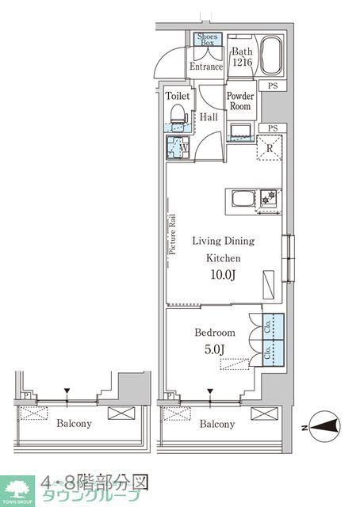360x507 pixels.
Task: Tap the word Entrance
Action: (x=206, y=67)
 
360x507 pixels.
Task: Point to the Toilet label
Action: (x=178, y=95)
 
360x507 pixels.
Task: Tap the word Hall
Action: (x=209, y=116)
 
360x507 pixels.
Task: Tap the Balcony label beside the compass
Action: (x=216, y=424)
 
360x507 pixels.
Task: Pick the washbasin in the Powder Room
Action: (x=240, y=130)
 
